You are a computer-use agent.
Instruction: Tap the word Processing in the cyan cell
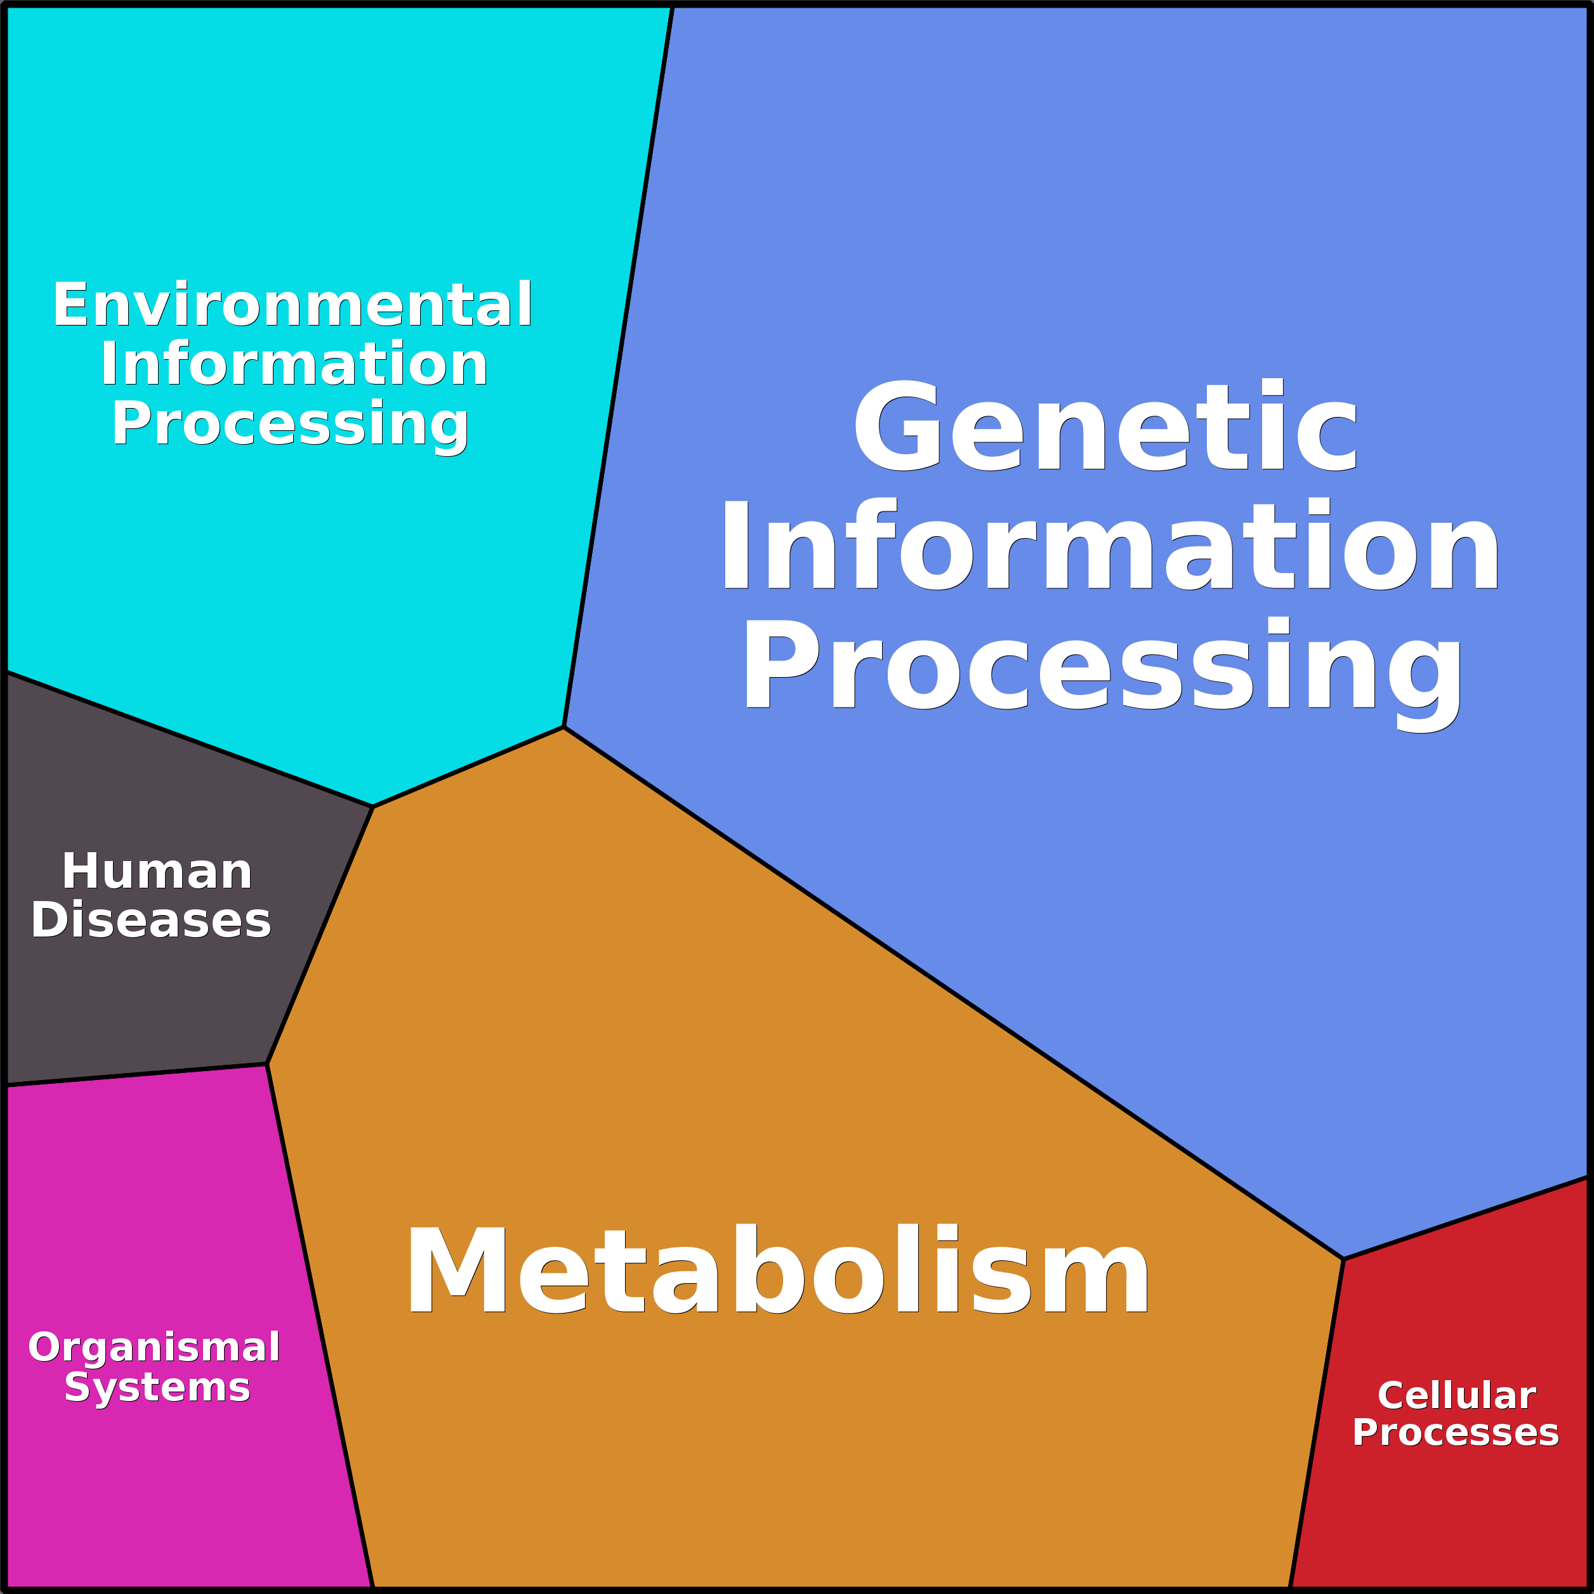tap(291, 423)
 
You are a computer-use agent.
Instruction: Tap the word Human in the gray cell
tap(157, 871)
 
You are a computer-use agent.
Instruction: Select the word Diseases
tap(151, 920)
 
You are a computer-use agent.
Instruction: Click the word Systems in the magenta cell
tap(157, 1388)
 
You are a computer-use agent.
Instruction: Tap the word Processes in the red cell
tap(1456, 1432)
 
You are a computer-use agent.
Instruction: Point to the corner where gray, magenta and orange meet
tap(267, 1064)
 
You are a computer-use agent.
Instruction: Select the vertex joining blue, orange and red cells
tap(1343, 1259)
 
